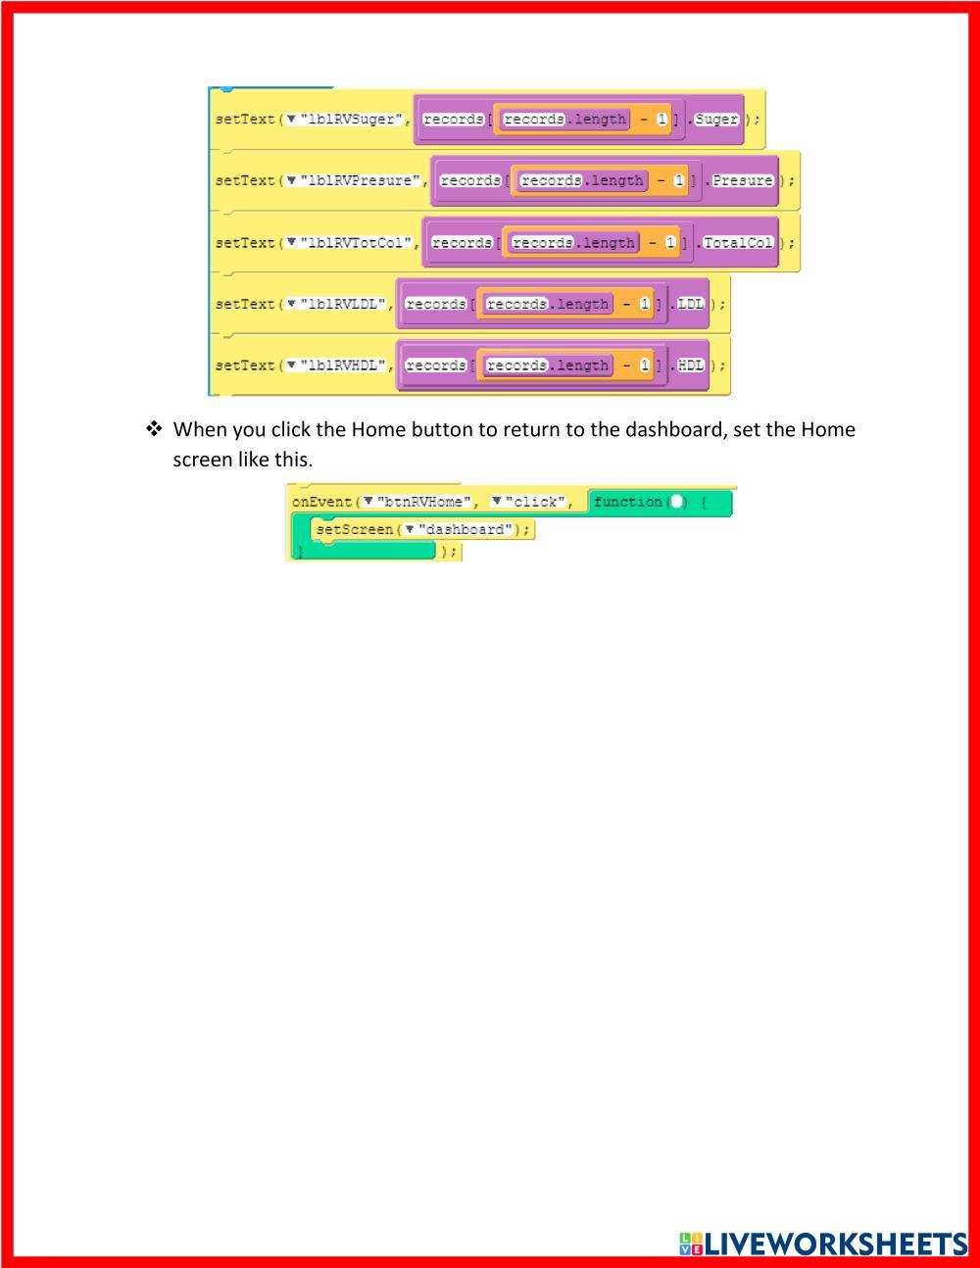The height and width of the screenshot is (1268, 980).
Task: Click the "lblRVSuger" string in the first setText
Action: (352, 120)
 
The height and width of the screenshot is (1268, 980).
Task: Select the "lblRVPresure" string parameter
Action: (360, 181)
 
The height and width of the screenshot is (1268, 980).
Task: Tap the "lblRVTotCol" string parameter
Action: (356, 243)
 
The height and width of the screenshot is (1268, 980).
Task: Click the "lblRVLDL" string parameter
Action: (343, 304)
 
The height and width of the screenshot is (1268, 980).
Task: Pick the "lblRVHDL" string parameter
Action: (343, 366)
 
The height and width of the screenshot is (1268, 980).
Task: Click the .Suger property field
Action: (716, 120)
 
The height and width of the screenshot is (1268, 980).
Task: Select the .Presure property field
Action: (742, 181)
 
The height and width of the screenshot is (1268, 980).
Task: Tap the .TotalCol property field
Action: (738, 243)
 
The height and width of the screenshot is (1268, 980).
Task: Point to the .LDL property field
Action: (691, 304)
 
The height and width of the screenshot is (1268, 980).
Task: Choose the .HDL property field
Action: (691, 366)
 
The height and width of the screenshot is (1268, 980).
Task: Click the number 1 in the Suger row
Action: (661, 120)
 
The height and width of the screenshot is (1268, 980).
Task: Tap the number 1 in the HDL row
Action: (645, 366)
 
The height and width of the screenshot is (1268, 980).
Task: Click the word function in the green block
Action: (627, 502)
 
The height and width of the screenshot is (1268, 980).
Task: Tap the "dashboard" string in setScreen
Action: (465, 530)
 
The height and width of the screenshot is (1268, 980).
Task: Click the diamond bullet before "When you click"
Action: (154, 429)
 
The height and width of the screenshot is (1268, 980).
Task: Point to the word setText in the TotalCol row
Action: (245, 243)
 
